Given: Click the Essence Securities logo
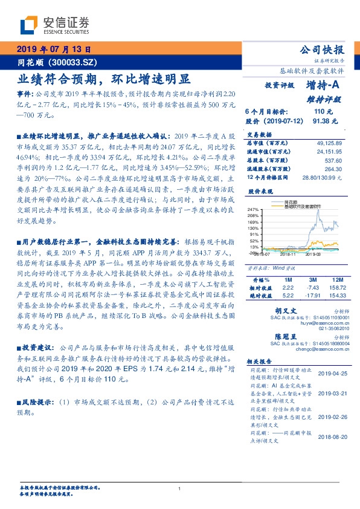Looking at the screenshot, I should (x=54, y=25).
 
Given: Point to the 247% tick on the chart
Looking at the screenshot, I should (x=254, y=209).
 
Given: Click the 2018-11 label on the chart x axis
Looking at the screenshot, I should (x=287, y=254).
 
